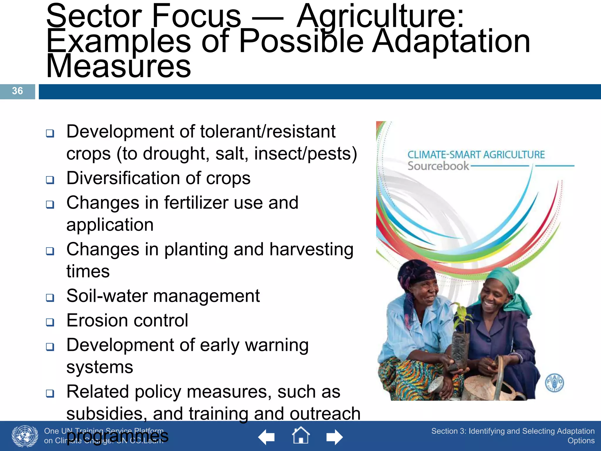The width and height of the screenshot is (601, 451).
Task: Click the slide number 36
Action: tap(17, 91)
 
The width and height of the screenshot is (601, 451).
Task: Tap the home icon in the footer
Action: tap(301, 436)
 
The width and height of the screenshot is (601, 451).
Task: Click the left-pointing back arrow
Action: tap(266, 437)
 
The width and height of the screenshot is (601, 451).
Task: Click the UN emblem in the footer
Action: tap(25, 436)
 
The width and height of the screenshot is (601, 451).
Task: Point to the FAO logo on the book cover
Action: tap(554, 383)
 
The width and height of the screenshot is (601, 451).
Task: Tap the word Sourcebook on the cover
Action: tap(438, 166)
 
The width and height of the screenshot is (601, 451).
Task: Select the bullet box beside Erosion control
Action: tap(50, 322)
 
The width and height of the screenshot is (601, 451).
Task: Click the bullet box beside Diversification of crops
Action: tap(50, 180)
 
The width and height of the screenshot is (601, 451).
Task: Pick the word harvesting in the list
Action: tap(311, 250)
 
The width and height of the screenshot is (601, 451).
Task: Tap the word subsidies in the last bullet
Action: tap(107, 413)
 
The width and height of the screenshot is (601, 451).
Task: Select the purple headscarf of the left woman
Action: tap(417, 273)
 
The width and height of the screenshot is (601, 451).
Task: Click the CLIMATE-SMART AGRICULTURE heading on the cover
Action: tap(476, 154)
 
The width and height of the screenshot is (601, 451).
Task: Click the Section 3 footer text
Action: tap(513, 435)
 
